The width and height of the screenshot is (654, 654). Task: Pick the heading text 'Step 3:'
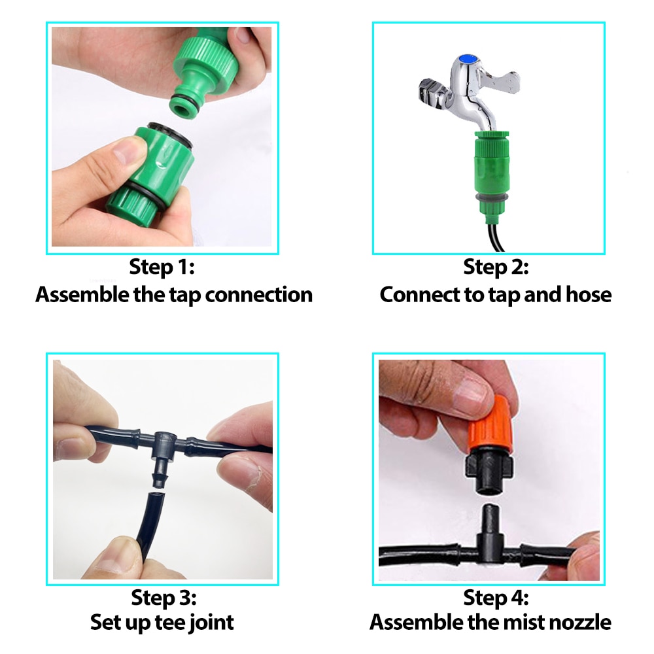[162, 596]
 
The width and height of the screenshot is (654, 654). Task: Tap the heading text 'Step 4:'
[495, 596]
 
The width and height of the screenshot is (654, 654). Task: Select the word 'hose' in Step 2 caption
[587, 294]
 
